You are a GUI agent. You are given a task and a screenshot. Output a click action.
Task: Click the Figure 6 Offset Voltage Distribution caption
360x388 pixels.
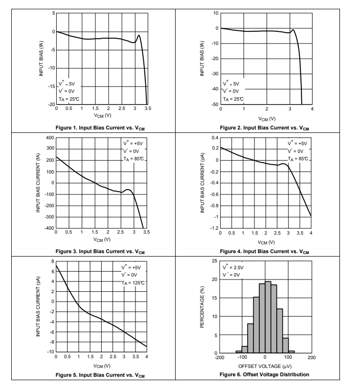[x=265, y=374]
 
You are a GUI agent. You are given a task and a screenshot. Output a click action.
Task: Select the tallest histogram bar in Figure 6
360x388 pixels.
[x=268, y=317]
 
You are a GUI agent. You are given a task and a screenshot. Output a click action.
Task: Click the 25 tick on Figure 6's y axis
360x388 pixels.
[x=215, y=261]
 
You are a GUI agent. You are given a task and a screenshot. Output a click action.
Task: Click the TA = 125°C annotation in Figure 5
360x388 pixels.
[x=134, y=283]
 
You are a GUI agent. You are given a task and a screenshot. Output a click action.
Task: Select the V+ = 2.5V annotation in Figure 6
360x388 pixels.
[x=233, y=268]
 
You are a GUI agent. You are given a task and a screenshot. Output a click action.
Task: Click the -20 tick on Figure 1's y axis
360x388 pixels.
[x=51, y=105]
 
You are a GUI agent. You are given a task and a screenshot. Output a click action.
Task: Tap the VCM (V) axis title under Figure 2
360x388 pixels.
[x=267, y=119]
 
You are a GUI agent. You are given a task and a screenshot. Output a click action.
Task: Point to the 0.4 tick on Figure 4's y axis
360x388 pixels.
[x=215, y=138]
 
